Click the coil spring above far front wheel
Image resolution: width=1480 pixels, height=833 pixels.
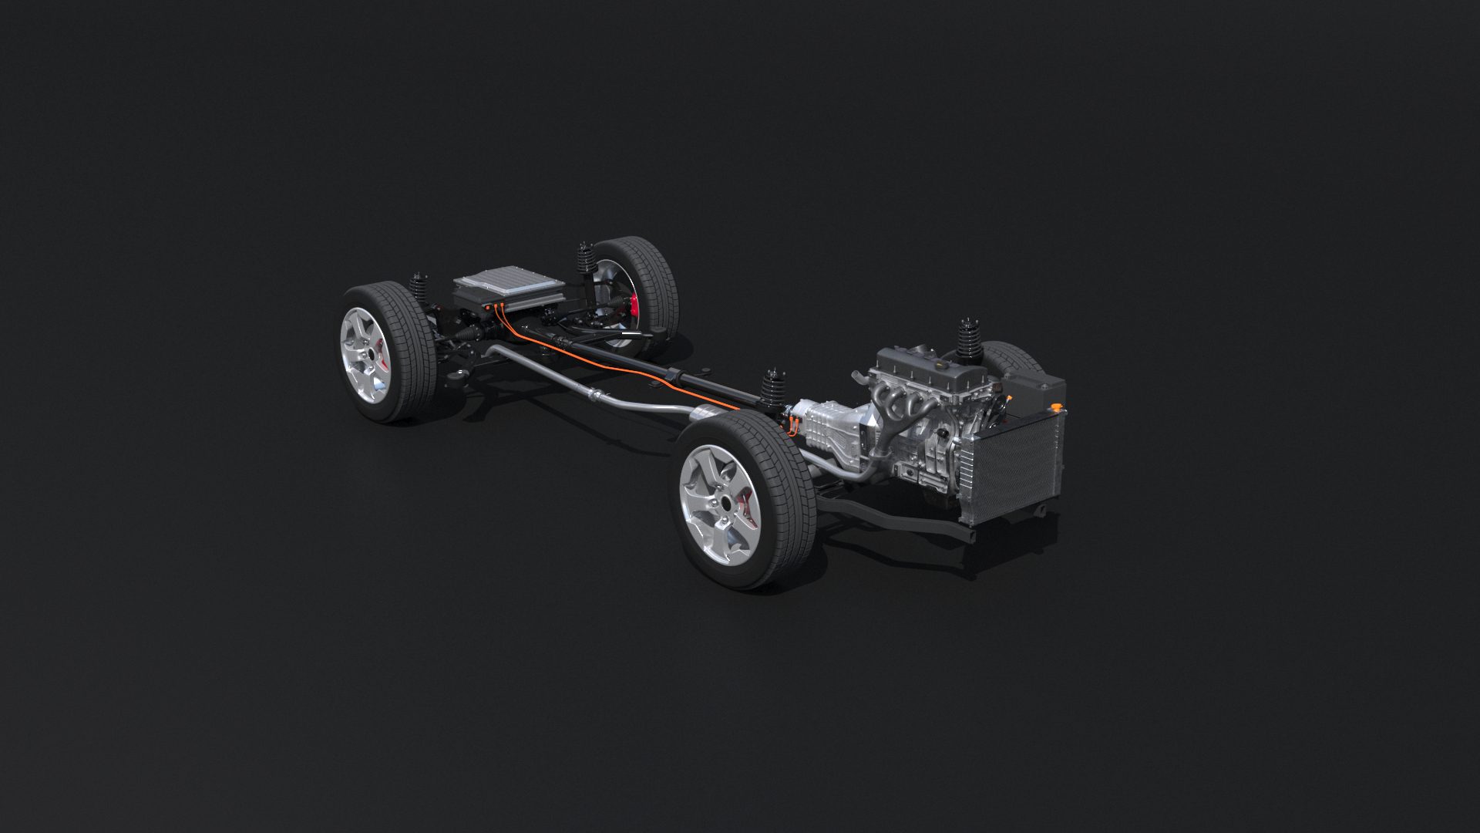(968, 339)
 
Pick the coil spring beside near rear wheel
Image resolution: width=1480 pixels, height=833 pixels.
(419, 289)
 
